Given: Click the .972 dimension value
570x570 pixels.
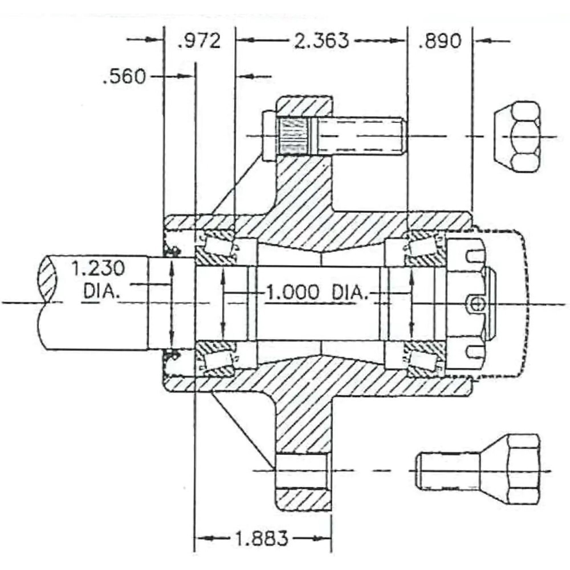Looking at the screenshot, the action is click(x=199, y=41).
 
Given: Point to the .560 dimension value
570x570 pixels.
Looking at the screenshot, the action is click(x=124, y=76).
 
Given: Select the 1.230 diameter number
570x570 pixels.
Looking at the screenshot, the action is click(x=98, y=268).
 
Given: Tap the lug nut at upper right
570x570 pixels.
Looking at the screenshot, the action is click(x=518, y=136).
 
